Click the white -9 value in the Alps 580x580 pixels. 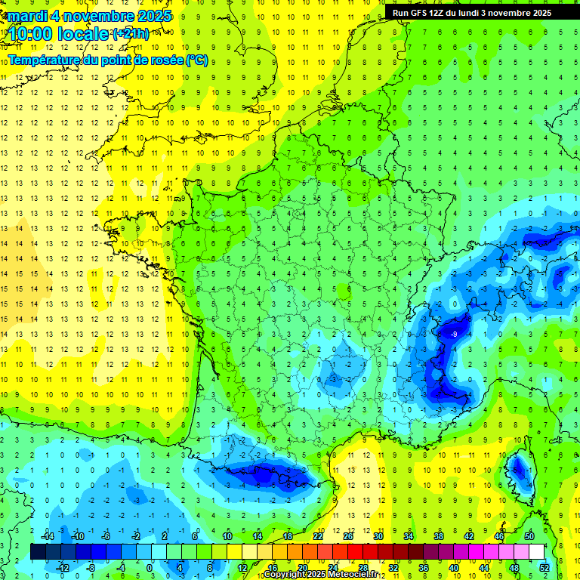point(454,334)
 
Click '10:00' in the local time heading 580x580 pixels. point(31,34)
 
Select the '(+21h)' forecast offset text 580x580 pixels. point(131,34)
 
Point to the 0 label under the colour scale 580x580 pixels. point(149,567)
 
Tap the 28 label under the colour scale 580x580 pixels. point(362,567)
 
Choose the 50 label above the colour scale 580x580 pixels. point(529,535)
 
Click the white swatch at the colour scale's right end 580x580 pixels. point(536,551)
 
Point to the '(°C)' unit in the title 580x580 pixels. point(196,60)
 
